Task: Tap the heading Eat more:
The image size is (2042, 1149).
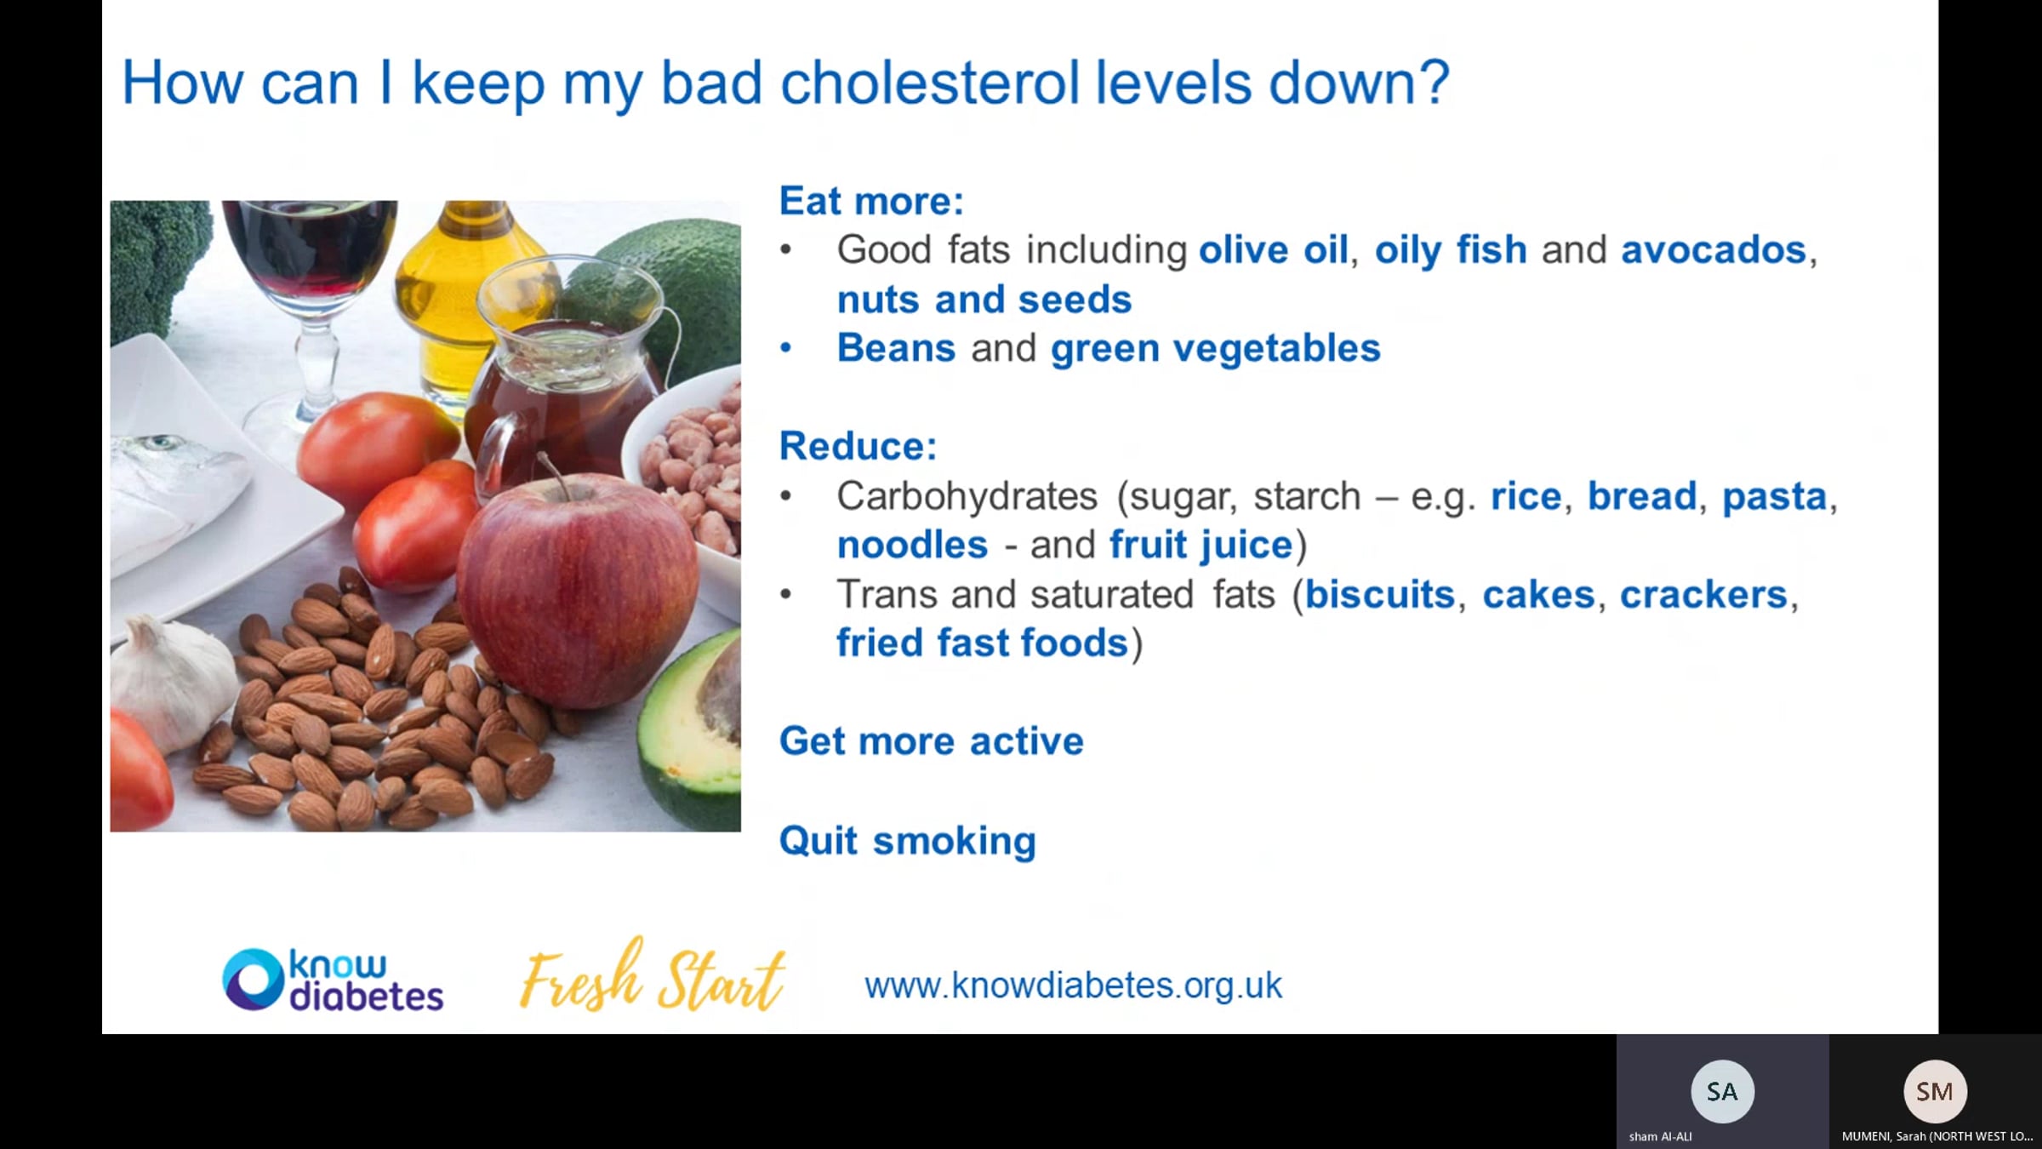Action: pos(871,201)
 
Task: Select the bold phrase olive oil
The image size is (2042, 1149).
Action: pos(1273,250)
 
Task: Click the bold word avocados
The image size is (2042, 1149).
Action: pos(1714,250)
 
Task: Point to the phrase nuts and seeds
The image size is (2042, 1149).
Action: pos(984,300)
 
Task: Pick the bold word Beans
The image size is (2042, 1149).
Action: pos(896,348)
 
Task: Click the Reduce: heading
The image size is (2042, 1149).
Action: pos(858,446)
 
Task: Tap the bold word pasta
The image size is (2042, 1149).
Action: pos(1775,496)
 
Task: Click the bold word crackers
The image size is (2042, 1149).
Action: pos(1703,594)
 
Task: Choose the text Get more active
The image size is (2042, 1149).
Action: pos(932,741)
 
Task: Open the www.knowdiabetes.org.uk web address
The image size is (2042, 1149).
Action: pos(1073,986)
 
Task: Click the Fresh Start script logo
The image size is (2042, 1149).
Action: pos(652,975)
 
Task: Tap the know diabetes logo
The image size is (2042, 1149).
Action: pos(333,980)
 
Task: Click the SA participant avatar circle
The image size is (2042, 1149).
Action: pos(1722,1091)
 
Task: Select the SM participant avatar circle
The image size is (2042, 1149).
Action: pos(1935,1091)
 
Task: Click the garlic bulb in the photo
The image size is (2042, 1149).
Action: pos(174,681)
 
